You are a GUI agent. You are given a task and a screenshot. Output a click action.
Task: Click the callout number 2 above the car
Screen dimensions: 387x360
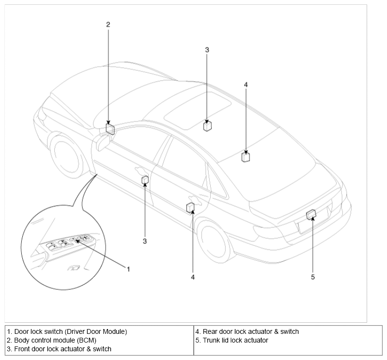pos(108,24)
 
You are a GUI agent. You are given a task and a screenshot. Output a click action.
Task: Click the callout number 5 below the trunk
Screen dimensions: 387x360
pos(313,277)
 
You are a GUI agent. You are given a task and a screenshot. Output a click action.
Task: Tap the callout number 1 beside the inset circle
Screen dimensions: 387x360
pos(128,269)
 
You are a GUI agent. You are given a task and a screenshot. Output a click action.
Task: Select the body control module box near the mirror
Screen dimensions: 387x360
pos(110,129)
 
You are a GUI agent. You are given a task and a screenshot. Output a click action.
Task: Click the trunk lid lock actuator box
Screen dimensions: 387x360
pos(311,214)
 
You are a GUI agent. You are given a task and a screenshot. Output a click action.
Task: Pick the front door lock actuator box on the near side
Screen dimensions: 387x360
pos(145,180)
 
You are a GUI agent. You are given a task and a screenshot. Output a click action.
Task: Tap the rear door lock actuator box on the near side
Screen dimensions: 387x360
pos(190,208)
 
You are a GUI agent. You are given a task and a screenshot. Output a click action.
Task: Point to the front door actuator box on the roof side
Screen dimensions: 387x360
pos(207,126)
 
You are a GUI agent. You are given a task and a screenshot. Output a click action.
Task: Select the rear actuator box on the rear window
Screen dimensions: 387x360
pos(246,157)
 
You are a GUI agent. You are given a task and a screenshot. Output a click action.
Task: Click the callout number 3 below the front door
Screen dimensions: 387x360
pos(145,241)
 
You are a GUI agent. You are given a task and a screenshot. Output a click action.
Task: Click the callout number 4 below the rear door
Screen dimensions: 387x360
pos(193,277)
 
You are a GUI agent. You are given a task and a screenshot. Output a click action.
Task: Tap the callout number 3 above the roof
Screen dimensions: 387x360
pos(207,50)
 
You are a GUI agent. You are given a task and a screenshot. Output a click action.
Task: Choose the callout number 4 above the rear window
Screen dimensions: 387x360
pos(246,85)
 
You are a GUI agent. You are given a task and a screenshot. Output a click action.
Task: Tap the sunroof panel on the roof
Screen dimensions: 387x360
pos(198,110)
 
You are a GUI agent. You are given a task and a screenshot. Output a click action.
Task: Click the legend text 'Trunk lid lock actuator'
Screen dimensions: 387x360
pos(235,340)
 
